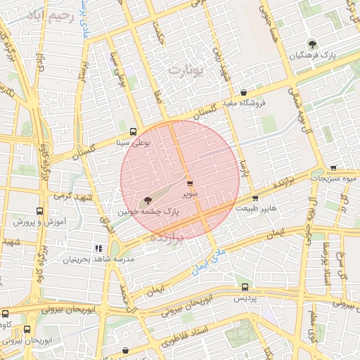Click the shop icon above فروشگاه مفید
(243, 92)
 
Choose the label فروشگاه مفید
(243, 103)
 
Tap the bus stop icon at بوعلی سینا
(134, 131)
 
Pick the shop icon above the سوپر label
(189, 184)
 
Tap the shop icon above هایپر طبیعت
(255, 198)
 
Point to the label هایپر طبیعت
(255, 208)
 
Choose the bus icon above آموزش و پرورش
(38, 210)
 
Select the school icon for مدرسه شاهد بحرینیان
(98, 248)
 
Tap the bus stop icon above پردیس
(245, 287)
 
